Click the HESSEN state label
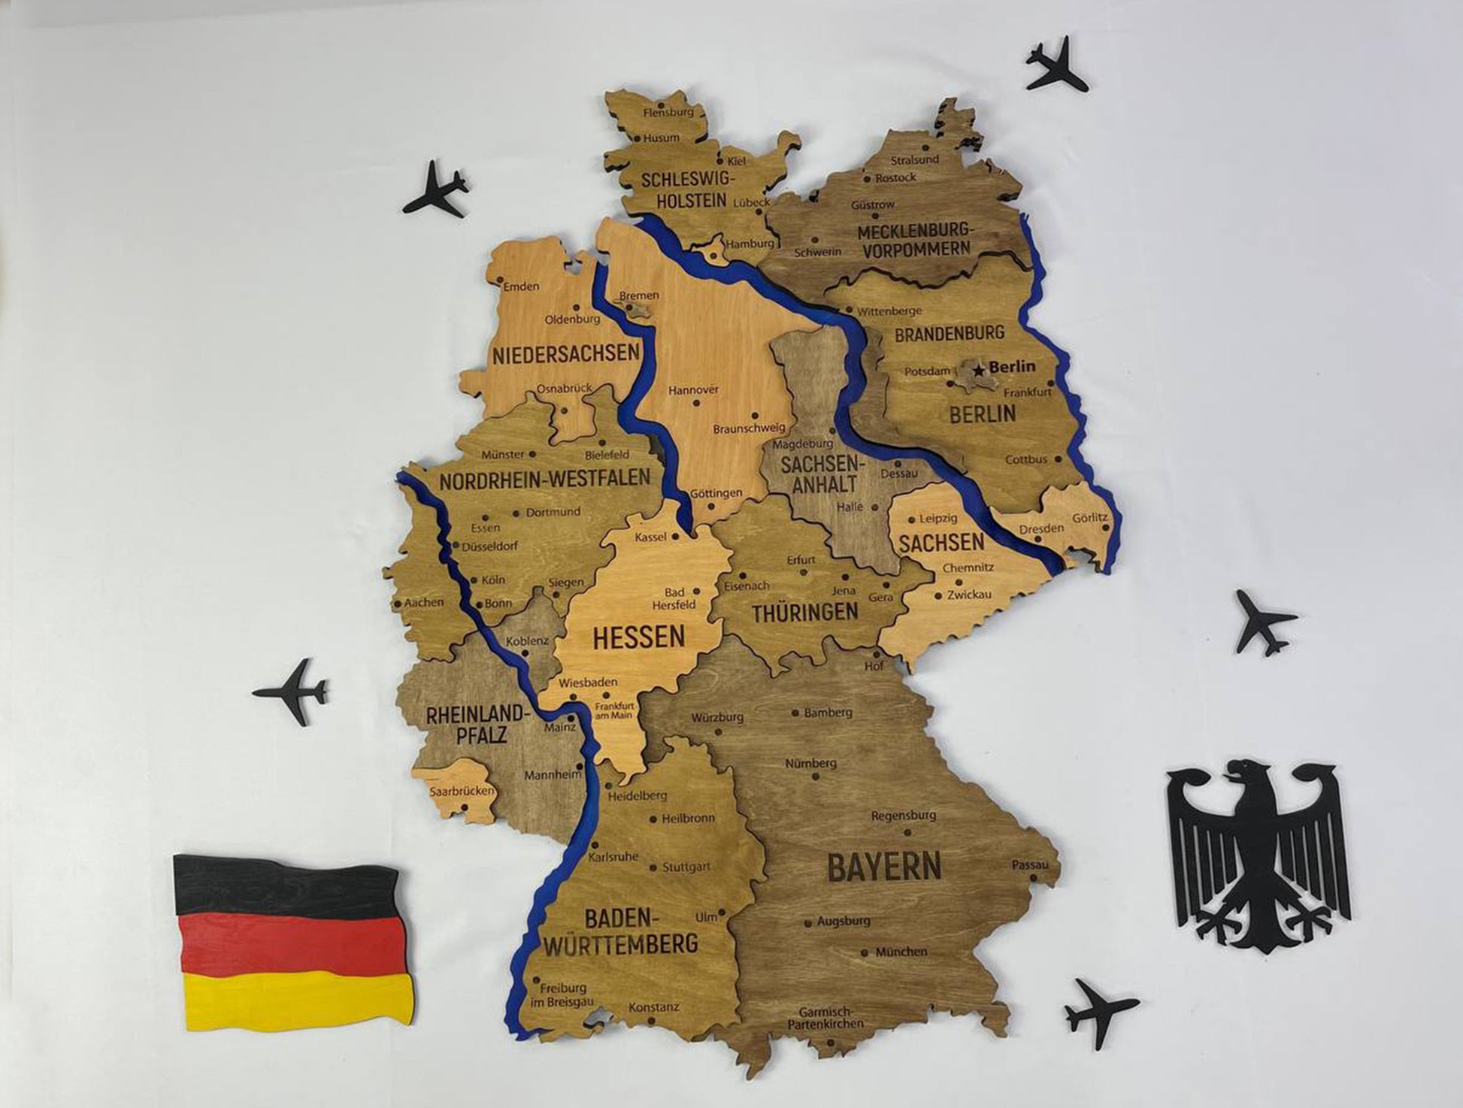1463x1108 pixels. (x=638, y=637)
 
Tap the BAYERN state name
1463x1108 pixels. (x=883, y=867)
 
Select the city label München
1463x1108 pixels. (x=901, y=952)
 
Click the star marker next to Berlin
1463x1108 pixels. (x=978, y=370)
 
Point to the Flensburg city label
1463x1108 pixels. (x=668, y=112)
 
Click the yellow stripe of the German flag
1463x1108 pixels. (x=297, y=997)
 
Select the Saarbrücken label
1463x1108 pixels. (x=462, y=791)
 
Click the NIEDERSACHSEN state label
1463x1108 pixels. (x=565, y=353)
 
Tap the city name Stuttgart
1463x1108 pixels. (x=686, y=867)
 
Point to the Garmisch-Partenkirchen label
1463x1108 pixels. (x=825, y=1018)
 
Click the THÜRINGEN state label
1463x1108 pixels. (x=804, y=612)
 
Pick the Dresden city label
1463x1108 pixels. (x=1041, y=528)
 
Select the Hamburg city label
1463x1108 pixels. (x=750, y=244)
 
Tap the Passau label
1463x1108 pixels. (x=1029, y=865)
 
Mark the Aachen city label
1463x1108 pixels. (x=424, y=602)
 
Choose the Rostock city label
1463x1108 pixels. (x=895, y=177)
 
